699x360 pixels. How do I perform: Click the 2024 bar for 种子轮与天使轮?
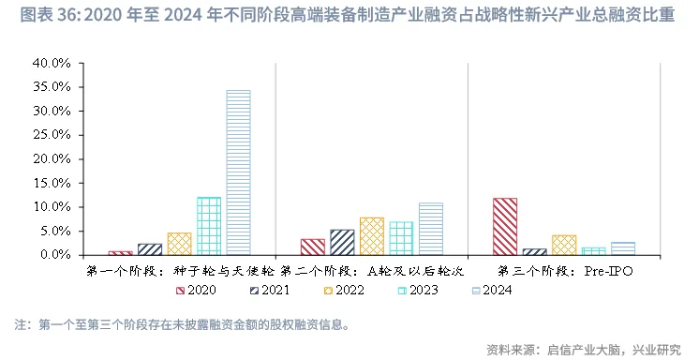pyautogui.click(x=238, y=172)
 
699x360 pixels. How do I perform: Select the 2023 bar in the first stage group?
pyautogui.click(x=208, y=226)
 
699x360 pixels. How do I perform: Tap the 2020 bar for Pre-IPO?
pyautogui.click(x=505, y=226)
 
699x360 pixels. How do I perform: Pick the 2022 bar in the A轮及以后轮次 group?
pyautogui.click(x=372, y=236)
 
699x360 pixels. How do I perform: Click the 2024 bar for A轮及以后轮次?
pyautogui.click(x=431, y=229)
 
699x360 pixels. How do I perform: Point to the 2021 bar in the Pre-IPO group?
pyautogui.click(x=534, y=251)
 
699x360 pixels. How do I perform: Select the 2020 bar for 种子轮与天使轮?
pyautogui.click(x=120, y=253)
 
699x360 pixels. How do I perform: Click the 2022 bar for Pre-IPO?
pyautogui.click(x=564, y=245)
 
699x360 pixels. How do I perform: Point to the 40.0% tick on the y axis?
pyautogui.click(x=52, y=63)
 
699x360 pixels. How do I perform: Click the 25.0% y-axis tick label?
pyautogui.click(x=52, y=135)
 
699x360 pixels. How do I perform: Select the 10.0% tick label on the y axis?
pyautogui.click(x=52, y=207)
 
